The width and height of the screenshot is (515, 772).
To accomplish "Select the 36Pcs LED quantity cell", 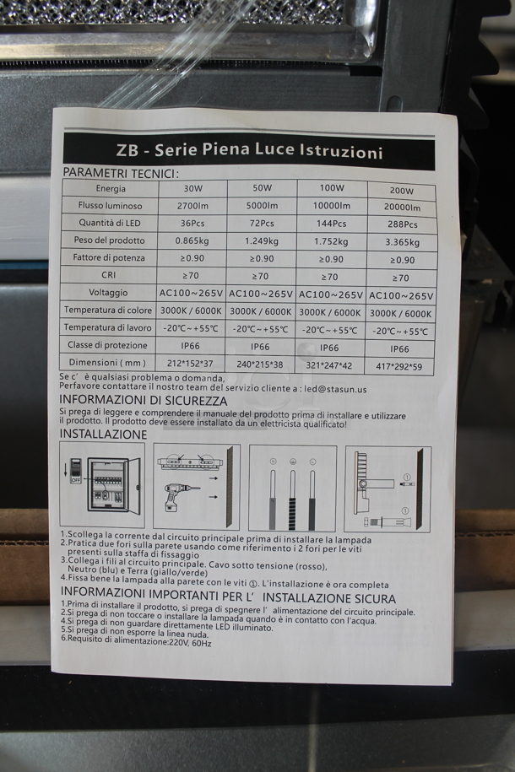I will pos(192,224).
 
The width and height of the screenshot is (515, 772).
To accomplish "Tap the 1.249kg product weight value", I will pos(260,241).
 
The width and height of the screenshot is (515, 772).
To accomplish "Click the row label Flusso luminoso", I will pos(110,205).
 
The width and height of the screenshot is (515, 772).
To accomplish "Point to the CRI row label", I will pos(110,275).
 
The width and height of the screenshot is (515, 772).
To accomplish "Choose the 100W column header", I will pos(332,188).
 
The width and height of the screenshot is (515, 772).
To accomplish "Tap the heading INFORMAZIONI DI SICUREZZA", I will pos(143,401).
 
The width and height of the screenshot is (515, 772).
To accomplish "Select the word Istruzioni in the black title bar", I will pos(340,152).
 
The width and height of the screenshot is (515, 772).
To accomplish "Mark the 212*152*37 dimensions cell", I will pos(192,364).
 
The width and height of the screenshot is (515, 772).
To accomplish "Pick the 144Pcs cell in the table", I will pos(330,224).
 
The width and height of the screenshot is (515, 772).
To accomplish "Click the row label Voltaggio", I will pos(108,293).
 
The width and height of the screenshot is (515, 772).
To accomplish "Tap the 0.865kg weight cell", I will pos(192,240).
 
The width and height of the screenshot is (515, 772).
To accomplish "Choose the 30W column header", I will pos(192,188).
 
